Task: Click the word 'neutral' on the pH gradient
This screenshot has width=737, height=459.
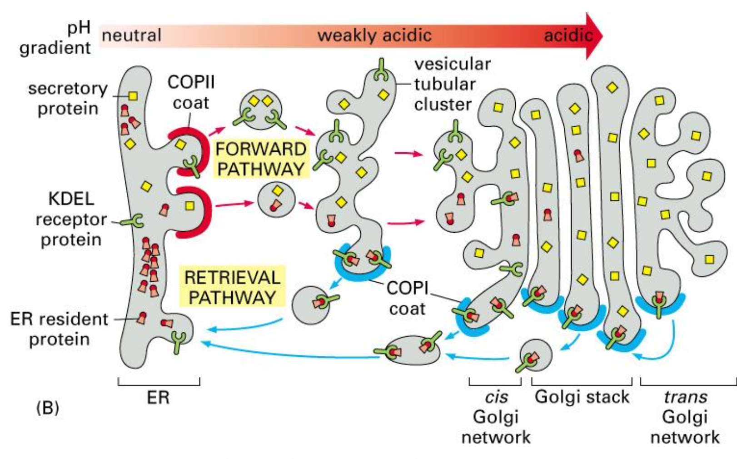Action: click(131, 35)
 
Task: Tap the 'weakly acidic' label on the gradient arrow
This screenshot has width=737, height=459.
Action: click(374, 35)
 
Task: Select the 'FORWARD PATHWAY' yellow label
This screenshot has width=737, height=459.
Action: click(261, 159)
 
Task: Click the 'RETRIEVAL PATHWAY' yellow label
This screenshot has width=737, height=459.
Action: click(232, 287)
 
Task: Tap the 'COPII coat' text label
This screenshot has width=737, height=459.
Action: click(191, 92)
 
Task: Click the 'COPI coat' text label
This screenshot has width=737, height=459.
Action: click(407, 298)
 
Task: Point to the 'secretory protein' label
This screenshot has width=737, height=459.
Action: click(67, 98)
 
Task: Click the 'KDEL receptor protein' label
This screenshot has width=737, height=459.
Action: click(71, 219)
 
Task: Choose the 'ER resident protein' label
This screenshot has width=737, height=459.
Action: click(59, 329)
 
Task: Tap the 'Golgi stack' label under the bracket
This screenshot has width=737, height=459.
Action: click(582, 397)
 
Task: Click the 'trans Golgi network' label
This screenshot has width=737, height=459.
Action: click(685, 417)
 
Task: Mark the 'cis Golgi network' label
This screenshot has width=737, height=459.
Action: click(495, 417)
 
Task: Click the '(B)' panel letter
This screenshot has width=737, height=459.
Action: click(47, 407)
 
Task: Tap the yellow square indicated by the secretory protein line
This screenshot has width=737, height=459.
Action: click(133, 96)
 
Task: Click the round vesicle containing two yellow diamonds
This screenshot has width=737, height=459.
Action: click(261, 109)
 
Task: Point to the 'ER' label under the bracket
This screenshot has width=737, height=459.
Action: click(158, 398)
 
